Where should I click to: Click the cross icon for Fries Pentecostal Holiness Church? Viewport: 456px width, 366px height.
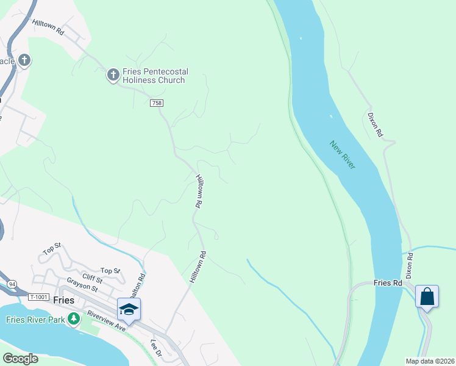point(112,75)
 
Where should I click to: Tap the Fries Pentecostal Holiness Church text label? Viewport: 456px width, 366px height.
point(154,76)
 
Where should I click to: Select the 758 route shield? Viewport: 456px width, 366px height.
point(157,104)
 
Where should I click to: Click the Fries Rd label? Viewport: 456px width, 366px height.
point(388,284)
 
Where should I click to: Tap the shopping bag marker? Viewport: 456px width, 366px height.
point(427,297)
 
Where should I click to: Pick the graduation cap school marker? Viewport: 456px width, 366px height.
point(129,309)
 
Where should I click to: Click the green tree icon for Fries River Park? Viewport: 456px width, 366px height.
point(74,319)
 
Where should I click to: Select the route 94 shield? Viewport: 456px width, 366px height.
point(12,284)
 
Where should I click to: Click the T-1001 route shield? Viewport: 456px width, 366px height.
point(37,296)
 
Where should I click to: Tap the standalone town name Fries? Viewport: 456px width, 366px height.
point(63,300)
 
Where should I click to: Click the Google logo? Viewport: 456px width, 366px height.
point(20,359)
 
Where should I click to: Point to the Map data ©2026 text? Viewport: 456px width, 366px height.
point(429,361)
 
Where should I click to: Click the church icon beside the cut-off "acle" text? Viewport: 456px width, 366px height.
point(24,60)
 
